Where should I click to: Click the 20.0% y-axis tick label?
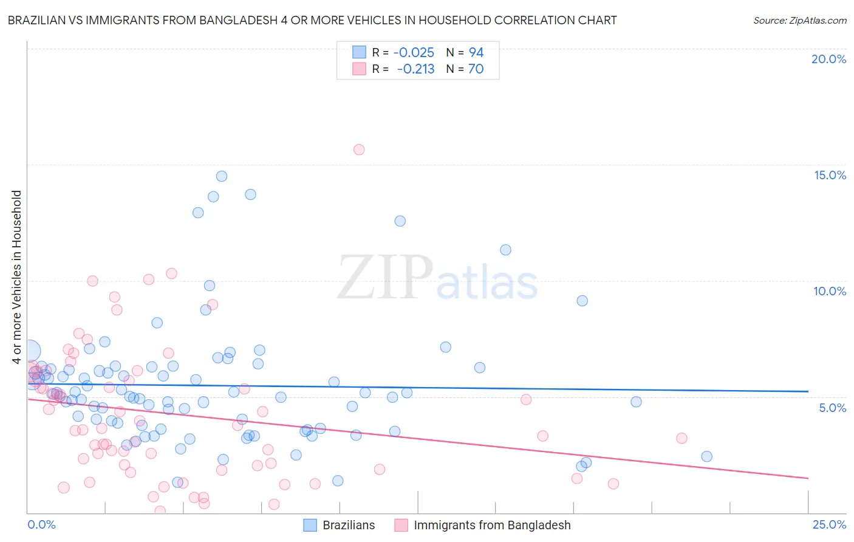coord(828,59)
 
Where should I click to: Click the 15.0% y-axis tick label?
coord(830,175)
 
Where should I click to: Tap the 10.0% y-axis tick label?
coord(830,291)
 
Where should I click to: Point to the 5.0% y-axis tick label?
coord(832,408)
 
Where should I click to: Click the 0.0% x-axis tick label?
coord(41,524)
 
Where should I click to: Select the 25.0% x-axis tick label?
coord(829,524)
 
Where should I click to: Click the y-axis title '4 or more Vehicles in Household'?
coord(16,277)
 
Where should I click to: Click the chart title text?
coord(312,20)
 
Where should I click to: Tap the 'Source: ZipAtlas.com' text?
coord(799,20)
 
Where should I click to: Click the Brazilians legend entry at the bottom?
coord(339,525)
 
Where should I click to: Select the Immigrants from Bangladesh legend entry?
coord(483,525)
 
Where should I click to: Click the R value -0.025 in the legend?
coord(413,53)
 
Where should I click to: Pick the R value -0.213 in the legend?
coord(415,69)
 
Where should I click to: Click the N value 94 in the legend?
coord(476,53)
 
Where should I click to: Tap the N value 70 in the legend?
coord(476,69)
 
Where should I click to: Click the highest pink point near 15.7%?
coord(359,149)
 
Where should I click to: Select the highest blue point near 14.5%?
coord(222,176)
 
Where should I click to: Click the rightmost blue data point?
coord(706,456)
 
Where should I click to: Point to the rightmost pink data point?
coord(681,438)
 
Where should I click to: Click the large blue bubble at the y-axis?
coord(29,351)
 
